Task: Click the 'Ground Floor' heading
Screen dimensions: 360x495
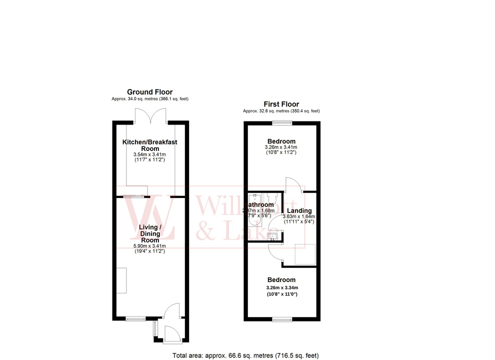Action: coord(149,92)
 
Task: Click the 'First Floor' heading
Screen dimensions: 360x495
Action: coord(281,104)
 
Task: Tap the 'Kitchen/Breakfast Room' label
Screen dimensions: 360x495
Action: coord(149,145)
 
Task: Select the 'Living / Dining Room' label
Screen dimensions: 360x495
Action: coord(149,233)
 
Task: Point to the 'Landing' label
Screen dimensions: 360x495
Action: coord(299,210)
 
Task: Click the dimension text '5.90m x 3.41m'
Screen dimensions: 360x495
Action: coord(149,245)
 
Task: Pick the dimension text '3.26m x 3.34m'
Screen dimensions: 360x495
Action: coord(281,287)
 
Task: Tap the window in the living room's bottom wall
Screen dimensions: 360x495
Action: coord(135,318)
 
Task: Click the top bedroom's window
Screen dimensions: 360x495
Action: coord(281,123)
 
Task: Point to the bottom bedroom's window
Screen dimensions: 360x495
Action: coord(281,318)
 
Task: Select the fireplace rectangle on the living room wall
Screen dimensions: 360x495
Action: coord(122,280)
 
